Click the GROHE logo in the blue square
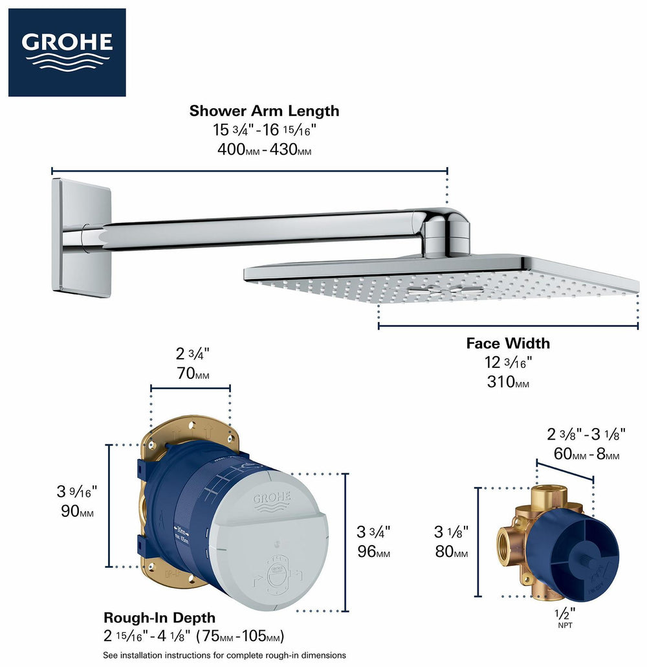67,52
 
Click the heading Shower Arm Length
264,111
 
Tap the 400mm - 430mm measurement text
264,150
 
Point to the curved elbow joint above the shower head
446,230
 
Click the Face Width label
508,343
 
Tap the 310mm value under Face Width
508,381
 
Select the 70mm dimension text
192,374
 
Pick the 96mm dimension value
373,553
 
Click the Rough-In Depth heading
159,618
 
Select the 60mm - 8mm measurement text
586,455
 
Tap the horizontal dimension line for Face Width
508,326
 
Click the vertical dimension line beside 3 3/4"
345,543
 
